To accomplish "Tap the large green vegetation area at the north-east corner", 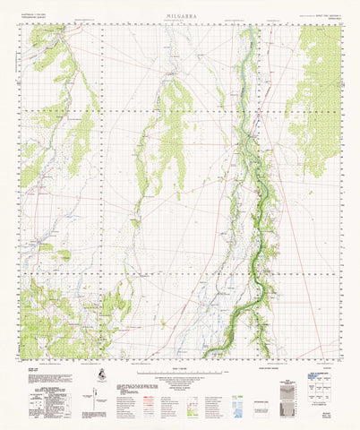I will [x=318, y=99].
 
